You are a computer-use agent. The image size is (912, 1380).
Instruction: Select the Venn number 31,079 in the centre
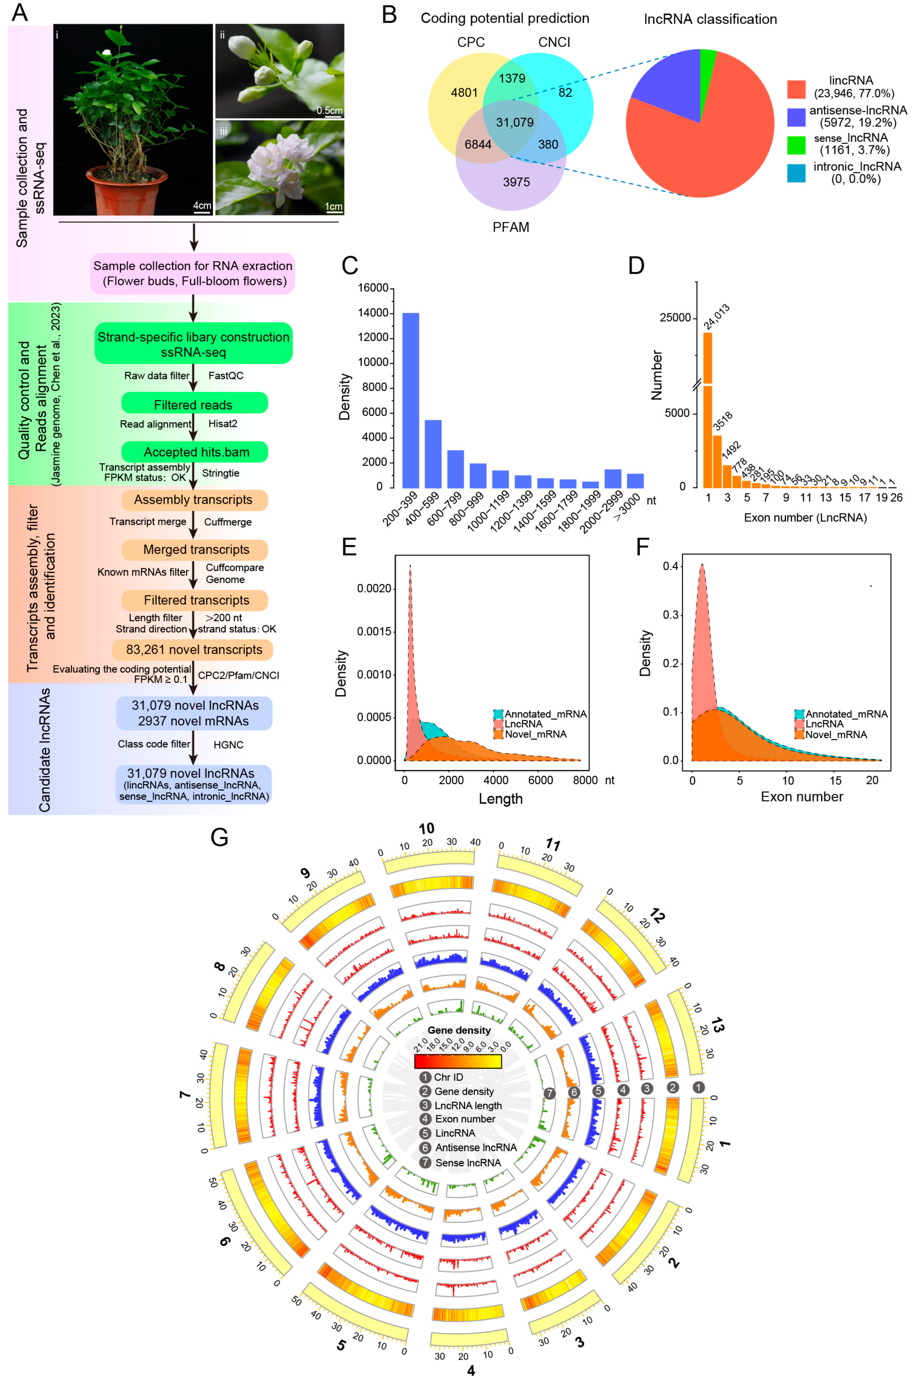coord(514,122)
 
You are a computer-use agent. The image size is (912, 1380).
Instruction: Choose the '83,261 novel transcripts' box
coord(194,649)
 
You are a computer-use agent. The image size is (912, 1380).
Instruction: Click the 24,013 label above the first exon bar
coord(717,317)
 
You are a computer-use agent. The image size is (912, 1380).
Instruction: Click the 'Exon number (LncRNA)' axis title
coord(805,518)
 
